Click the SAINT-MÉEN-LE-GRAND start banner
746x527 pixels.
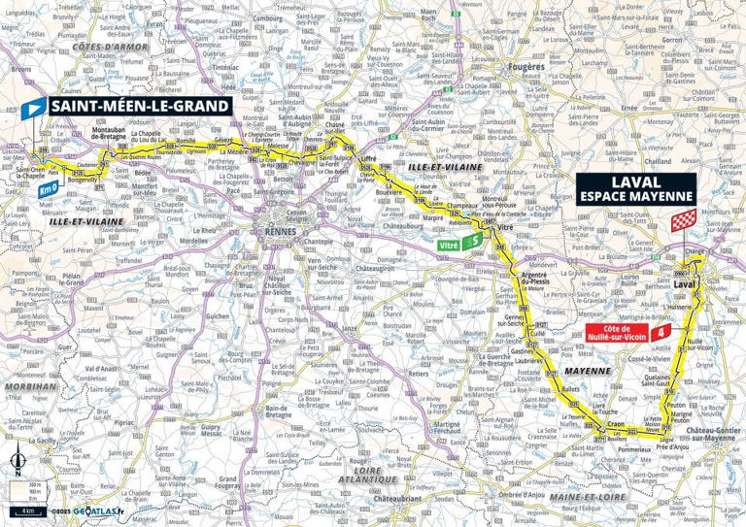[140, 106]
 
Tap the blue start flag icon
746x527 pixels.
[34, 107]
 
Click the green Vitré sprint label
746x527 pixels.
[449, 247]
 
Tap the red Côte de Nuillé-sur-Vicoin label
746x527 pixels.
[614, 333]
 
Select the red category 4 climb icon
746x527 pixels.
[661, 333]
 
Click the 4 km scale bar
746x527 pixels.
[23, 510]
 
